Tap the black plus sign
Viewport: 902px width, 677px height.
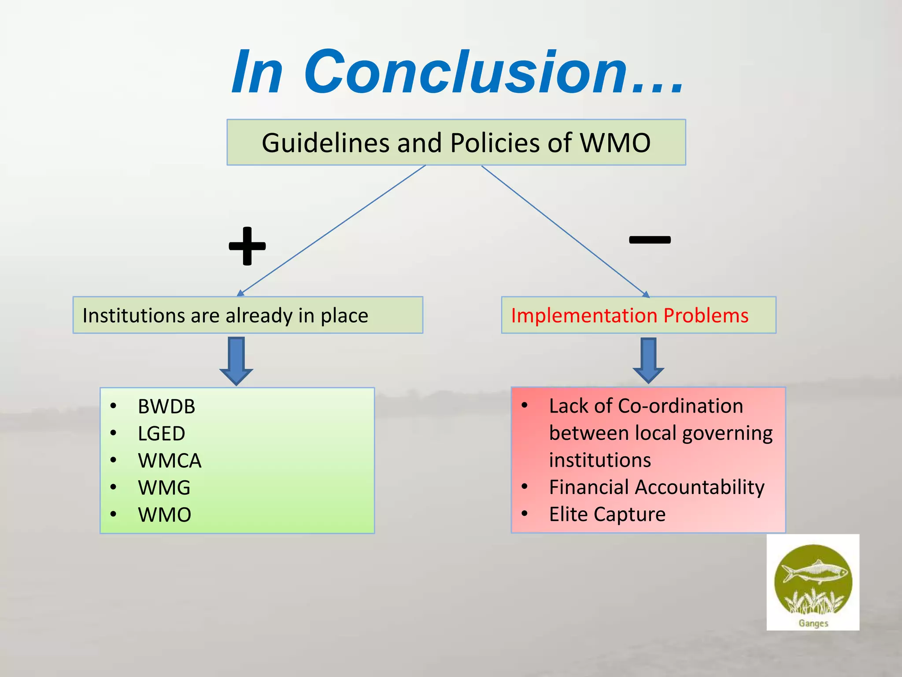pyautogui.click(x=247, y=246)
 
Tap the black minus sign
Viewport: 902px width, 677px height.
pyautogui.click(x=650, y=240)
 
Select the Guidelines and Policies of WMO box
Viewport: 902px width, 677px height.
pyautogui.click(x=456, y=142)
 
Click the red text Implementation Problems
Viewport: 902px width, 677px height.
pyautogui.click(x=629, y=316)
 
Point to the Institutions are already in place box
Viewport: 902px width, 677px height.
pyautogui.click(x=248, y=315)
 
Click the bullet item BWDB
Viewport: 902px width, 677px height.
pyautogui.click(x=166, y=406)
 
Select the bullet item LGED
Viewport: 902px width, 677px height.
pyautogui.click(x=161, y=434)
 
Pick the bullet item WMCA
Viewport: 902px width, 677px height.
pyautogui.click(x=169, y=461)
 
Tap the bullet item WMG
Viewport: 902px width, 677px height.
pyautogui.click(x=164, y=488)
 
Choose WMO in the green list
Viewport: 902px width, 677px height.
pyautogui.click(x=164, y=515)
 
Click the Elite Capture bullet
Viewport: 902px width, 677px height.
pyautogui.click(x=607, y=514)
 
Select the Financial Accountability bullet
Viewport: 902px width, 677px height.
pyautogui.click(x=656, y=487)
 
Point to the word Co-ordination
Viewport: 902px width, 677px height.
pyautogui.click(x=680, y=406)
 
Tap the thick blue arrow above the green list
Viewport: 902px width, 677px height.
pyautogui.click(x=237, y=361)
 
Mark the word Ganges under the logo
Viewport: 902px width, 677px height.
pyautogui.click(x=813, y=623)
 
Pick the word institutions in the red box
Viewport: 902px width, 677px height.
pyautogui.click(x=600, y=460)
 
